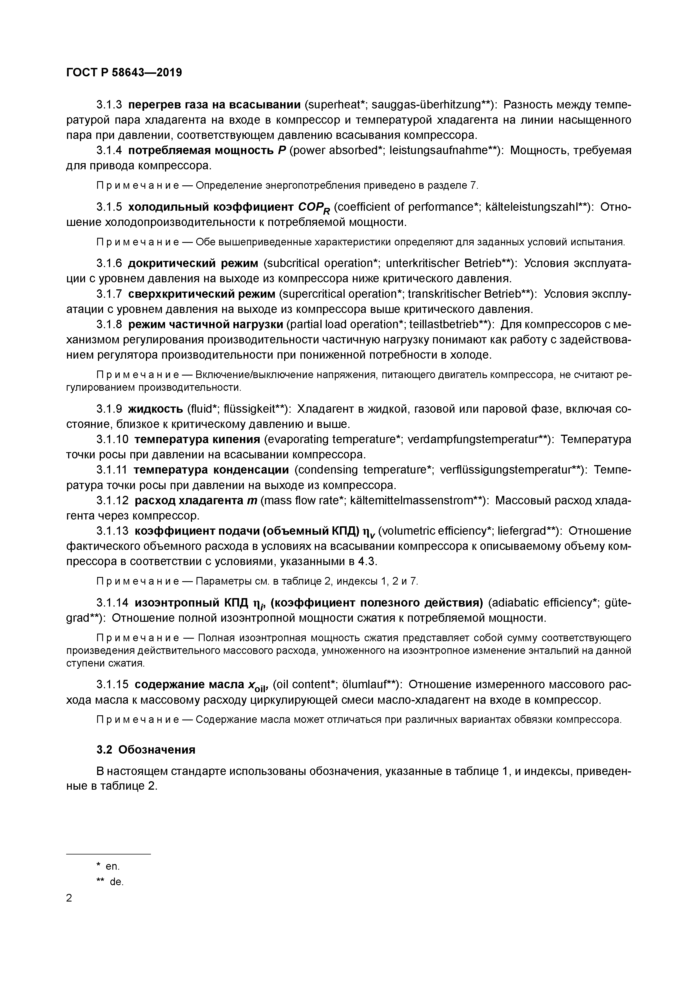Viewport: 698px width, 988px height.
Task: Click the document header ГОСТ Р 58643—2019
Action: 124,72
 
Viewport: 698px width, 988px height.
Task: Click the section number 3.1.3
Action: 109,105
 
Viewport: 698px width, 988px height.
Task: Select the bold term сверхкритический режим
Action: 201,294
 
